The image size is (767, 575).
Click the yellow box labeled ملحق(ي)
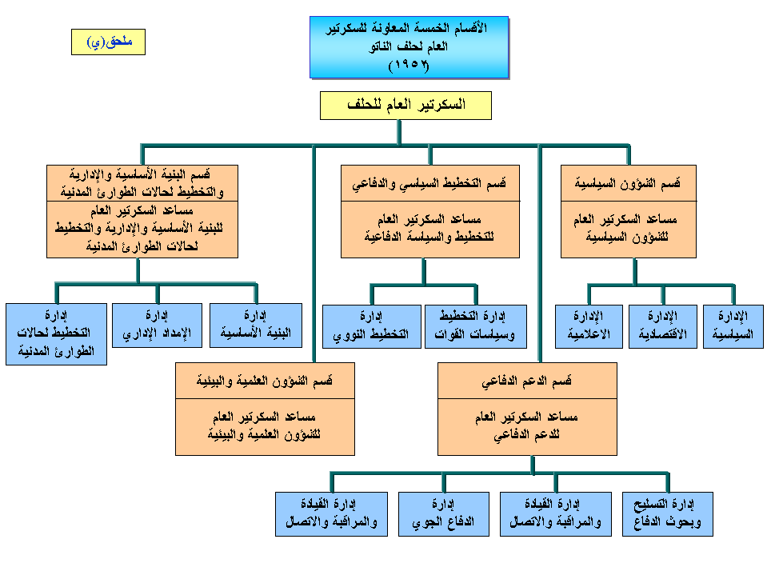click(x=108, y=42)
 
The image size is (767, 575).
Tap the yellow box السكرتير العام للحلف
click(x=405, y=106)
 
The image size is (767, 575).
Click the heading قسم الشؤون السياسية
click(x=628, y=184)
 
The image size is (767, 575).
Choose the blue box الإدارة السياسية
click(x=733, y=326)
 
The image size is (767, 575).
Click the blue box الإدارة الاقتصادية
click(x=662, y=326)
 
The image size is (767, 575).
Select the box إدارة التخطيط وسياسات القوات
click(x=476, y=326)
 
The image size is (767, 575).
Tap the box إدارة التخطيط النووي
click(x=371, y=326)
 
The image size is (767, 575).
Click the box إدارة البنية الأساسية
click(x=256, y=325)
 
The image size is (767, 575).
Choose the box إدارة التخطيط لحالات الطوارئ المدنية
click(x=56, y=334)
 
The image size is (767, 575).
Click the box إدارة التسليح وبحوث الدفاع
click(x=668, y=513)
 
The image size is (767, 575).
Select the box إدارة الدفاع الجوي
click(x=444, y=513)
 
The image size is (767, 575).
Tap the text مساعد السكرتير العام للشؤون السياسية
click(x=628, y=229)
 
